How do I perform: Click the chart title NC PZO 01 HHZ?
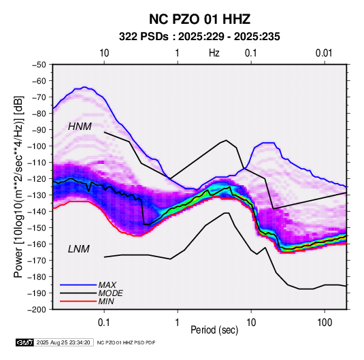click(x=199, y=19)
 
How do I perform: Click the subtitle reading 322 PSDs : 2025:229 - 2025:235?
click(x=199, y=37)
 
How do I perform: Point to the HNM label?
click(x=80, y=127)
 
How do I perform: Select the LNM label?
click(x=79, y=249)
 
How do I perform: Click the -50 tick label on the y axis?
click(x=39, y=65)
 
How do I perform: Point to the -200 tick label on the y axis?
click(x=37, y=310)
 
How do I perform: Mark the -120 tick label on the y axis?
click(x=37, y=179)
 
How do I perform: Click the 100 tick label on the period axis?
click(x=325, y=323)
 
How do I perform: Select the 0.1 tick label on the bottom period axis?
click(x=104, y=323)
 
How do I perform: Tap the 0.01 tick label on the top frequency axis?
click(x=324, y=53)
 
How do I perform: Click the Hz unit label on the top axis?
click(x=214, y=53)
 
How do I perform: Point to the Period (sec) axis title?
click(x=214, y=330)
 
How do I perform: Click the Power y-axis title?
click(x=19, y=187)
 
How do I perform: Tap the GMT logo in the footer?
click(x=24, y=342)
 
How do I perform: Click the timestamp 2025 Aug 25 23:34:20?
click(x=63, y=342)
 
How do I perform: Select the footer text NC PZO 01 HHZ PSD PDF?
click(x=126, y=342)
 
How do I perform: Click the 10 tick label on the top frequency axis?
click(x=104, y=53)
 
